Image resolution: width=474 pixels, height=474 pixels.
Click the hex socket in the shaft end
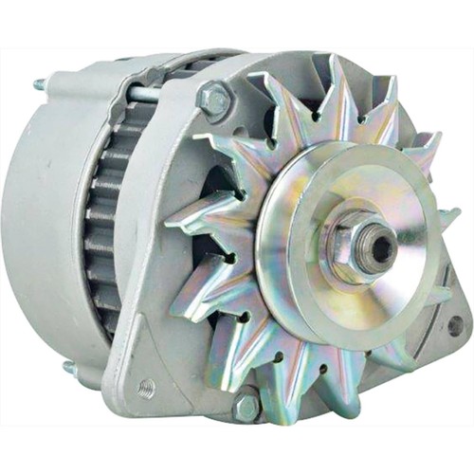382,247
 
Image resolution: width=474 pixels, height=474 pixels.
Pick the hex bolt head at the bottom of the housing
245,408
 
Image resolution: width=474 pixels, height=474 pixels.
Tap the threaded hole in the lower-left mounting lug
144,386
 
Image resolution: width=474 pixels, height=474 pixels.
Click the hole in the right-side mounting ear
454,325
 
